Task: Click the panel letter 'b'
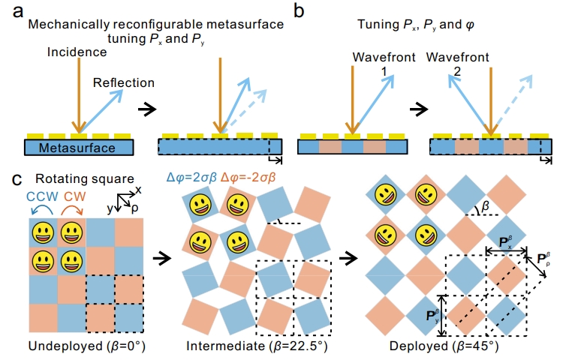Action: coord(300,12)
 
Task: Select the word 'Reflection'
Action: coord(124,82)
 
